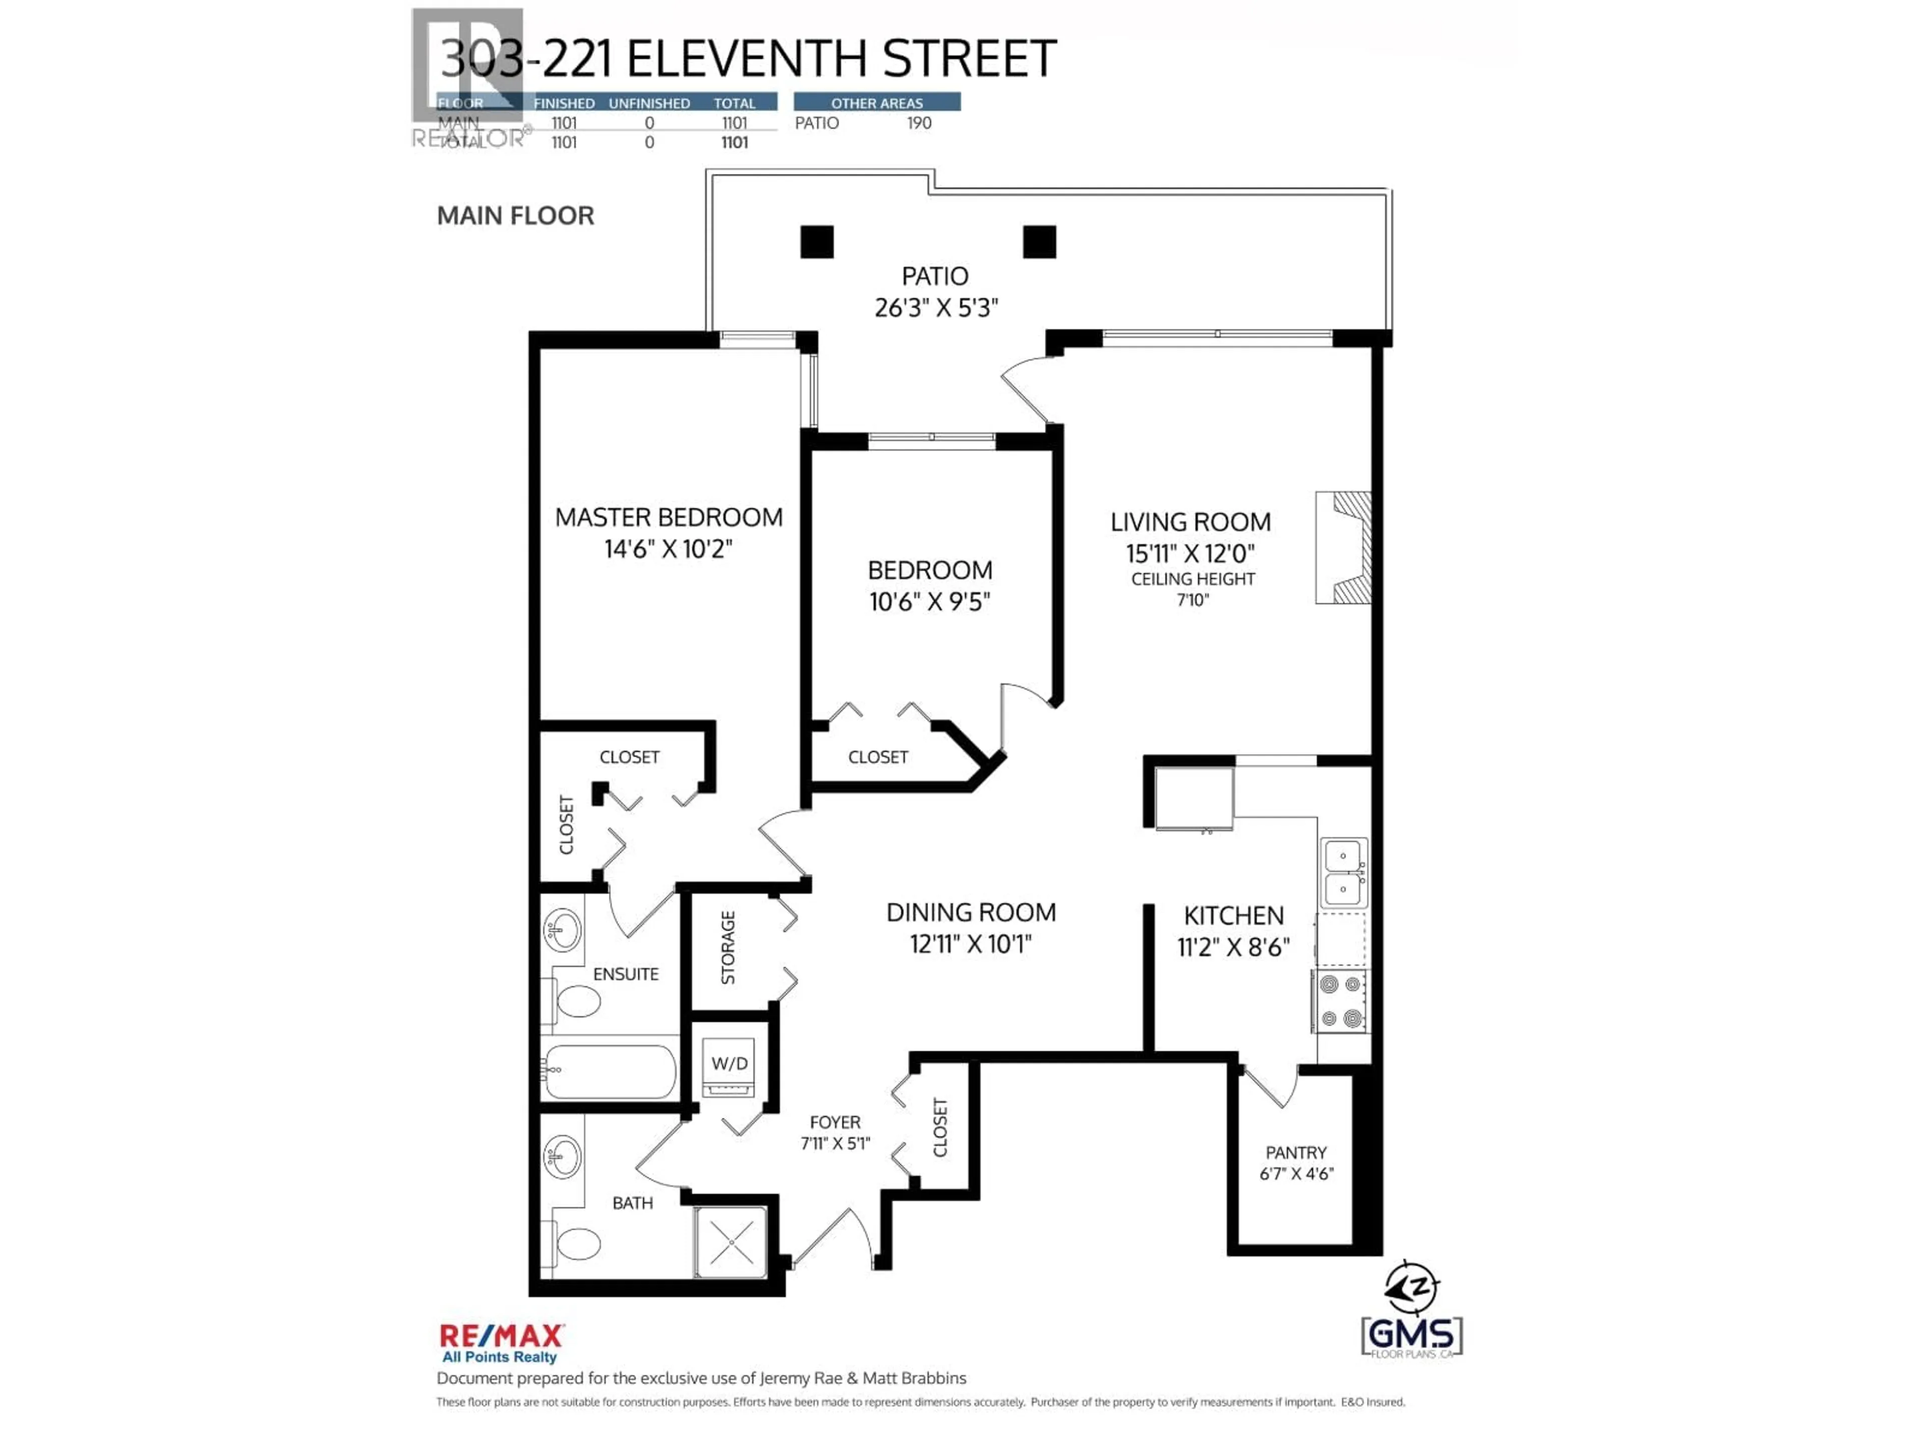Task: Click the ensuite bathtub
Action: (x=611, y=1071)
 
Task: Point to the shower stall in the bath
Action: (x=731, y=1242)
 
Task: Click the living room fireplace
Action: (x=1345, y=547)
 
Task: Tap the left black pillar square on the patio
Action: (x=817, y=242)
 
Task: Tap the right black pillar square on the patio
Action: (x=1039, y=242)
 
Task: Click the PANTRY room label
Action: (x=1295, y=1153)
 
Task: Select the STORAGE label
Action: (x=728, y=948)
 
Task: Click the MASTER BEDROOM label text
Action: (x=668, y=518)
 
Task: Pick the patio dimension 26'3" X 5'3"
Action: (x=936, y=308)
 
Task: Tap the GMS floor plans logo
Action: (x=1412, y=1335)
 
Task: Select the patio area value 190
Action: (x=918, y=124)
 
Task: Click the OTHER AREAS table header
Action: (x=877, y=103)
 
